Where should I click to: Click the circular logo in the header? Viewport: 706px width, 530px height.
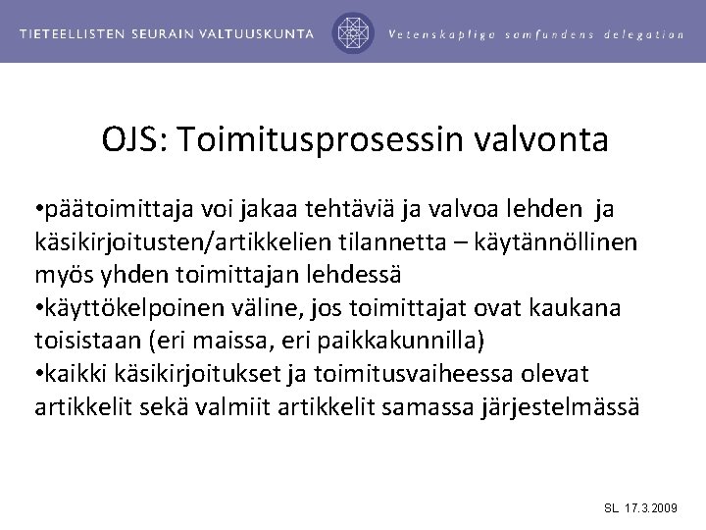tap(353, 32)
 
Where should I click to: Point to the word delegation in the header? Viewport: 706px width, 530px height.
tap(643, 33)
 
